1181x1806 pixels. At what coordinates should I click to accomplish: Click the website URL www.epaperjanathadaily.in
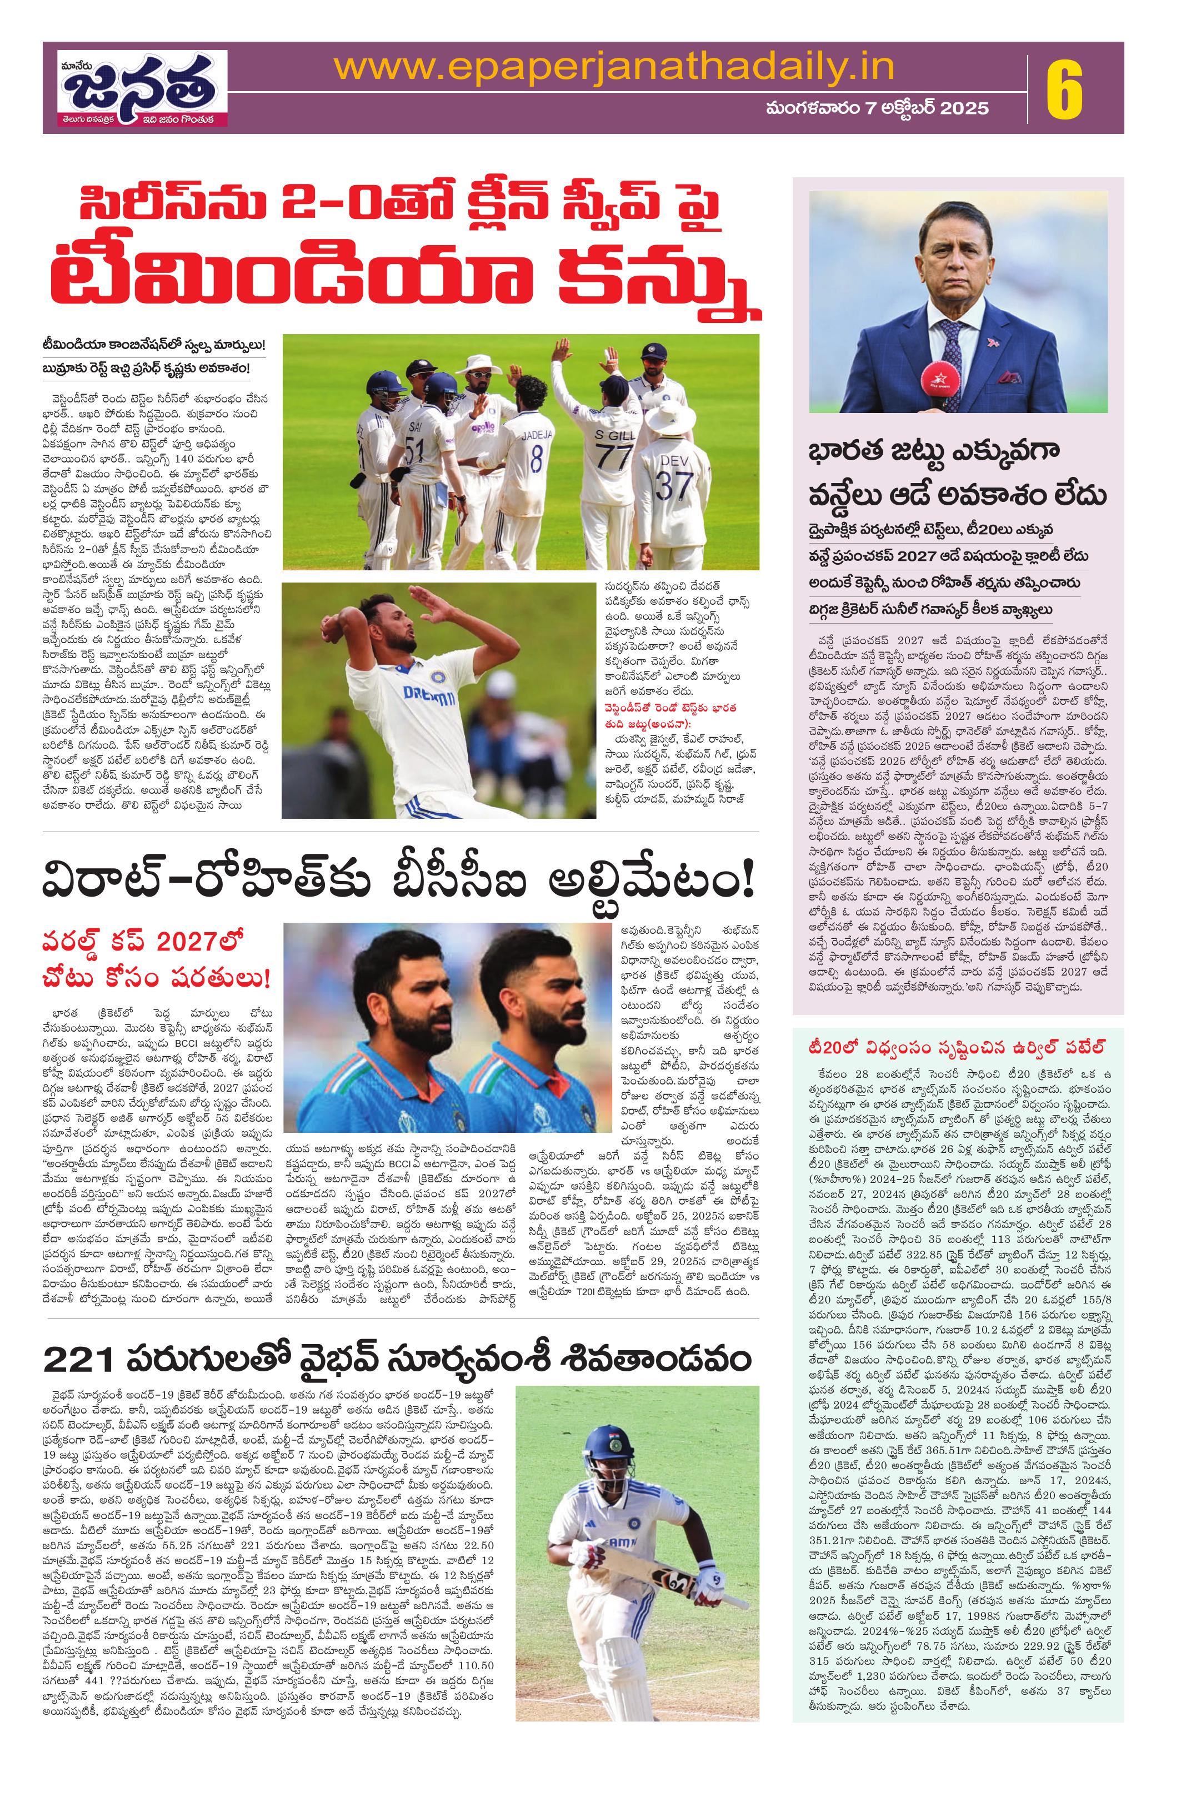pos(614,69)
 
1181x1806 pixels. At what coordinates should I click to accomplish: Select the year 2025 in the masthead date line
pos(965,108)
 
